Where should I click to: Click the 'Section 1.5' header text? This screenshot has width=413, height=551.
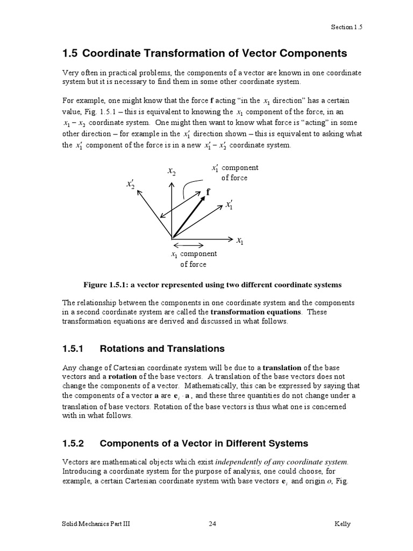click(x=347, y=27)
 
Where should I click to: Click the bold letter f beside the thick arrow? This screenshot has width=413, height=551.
click(x=208, y=192)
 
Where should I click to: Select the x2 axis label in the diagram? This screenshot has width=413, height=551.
click(x=171, y=172)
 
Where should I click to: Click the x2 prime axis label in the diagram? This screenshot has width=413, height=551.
click(x=131, y=185)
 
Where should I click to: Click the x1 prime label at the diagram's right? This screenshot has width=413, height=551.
click(x=229, y=204)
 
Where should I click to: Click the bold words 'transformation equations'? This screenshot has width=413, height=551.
click(x=256, y=312)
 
